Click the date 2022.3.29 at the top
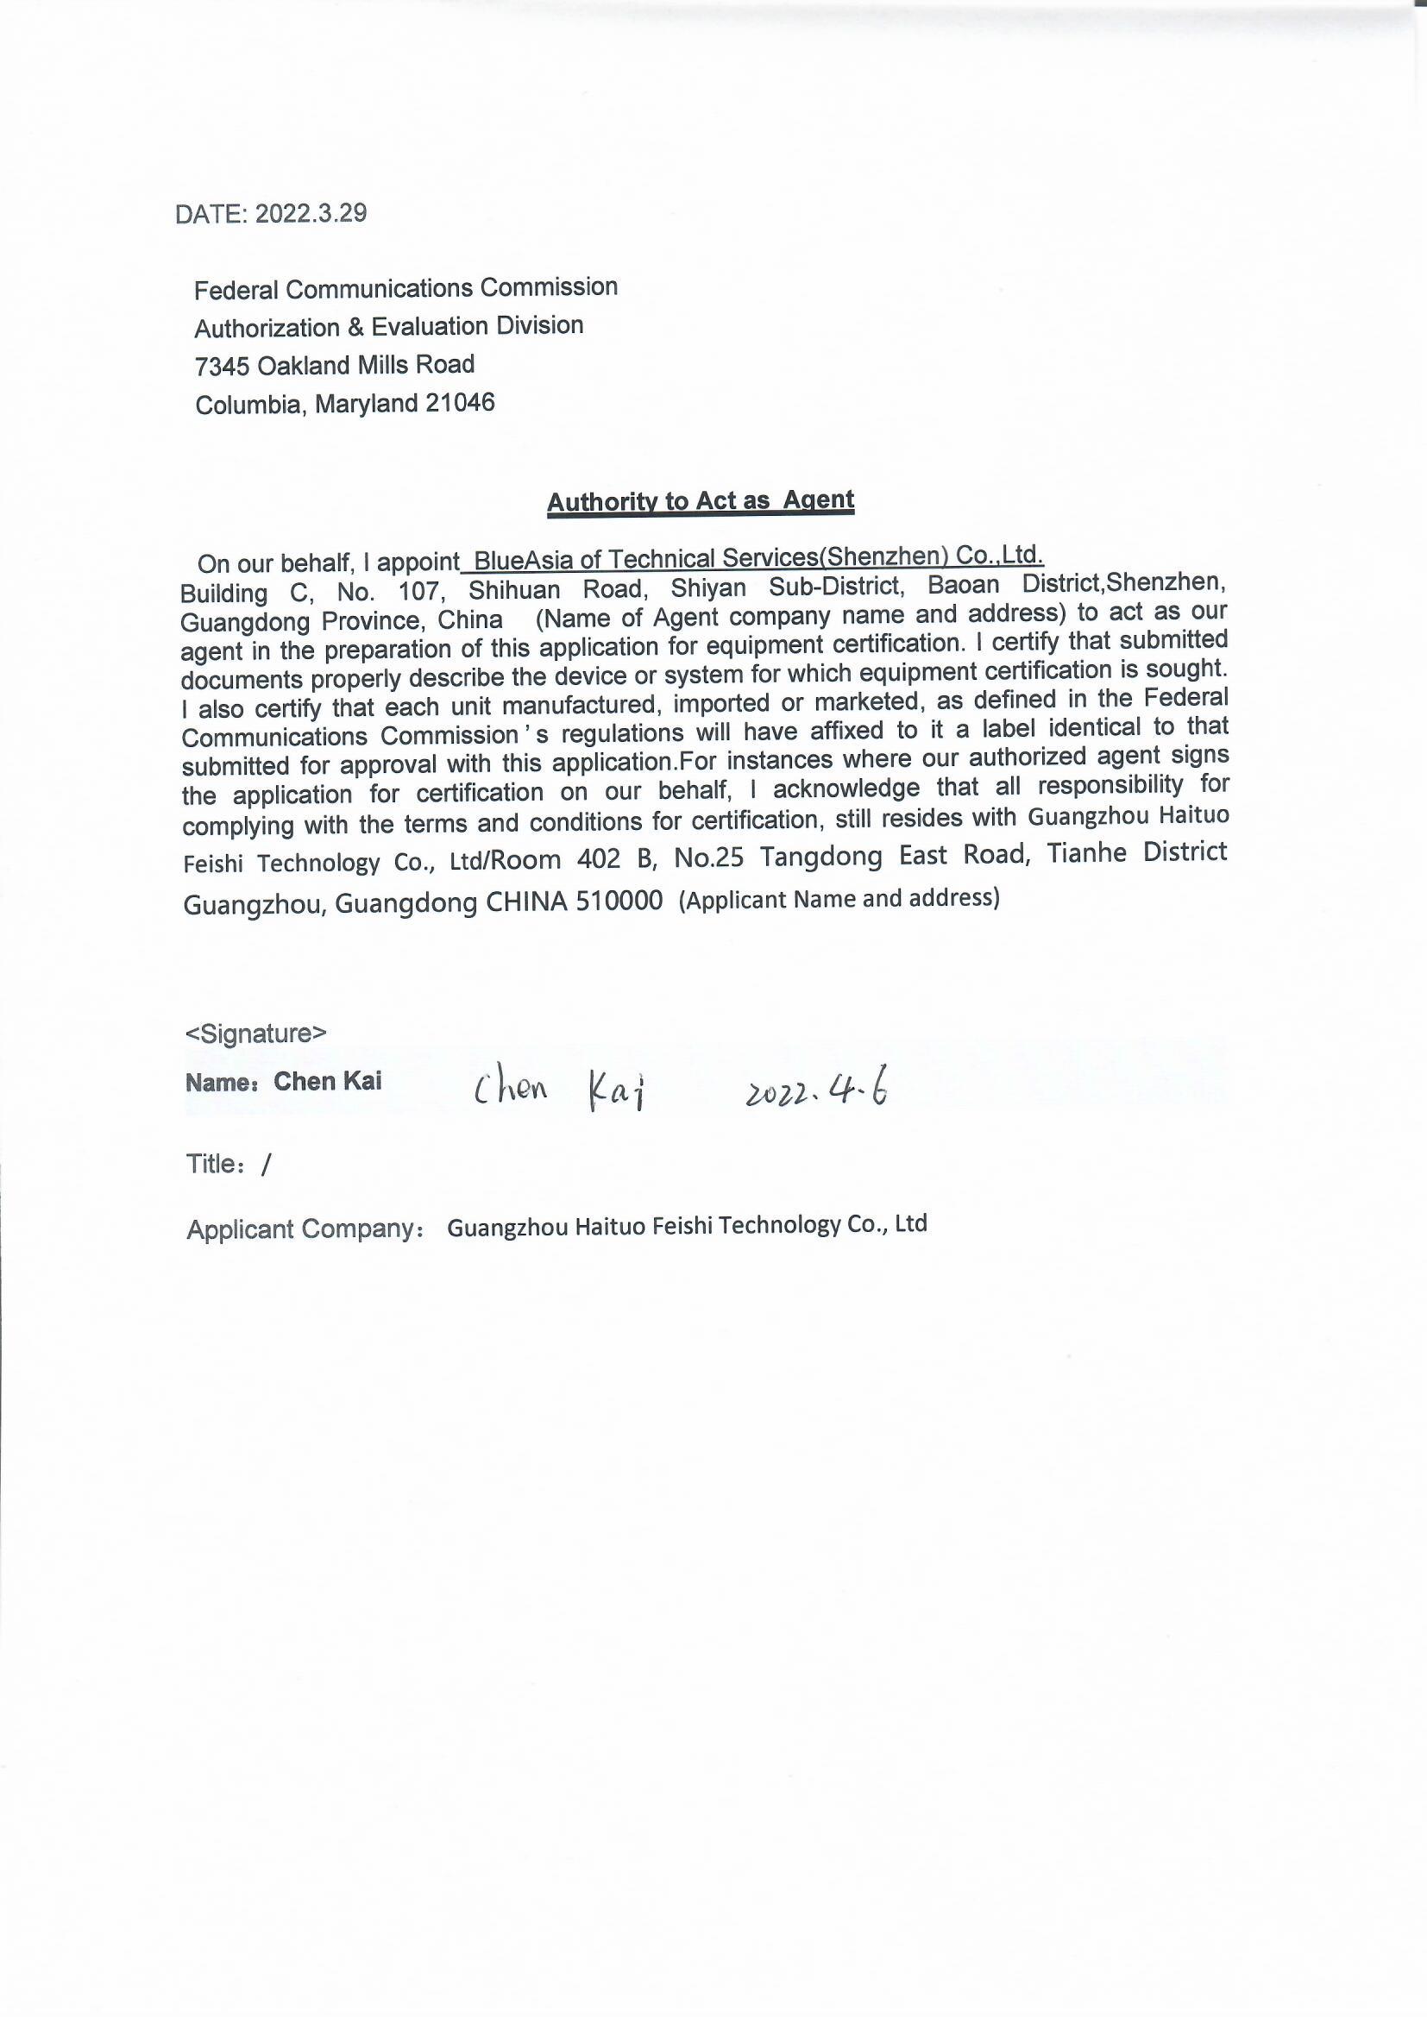[311, 213]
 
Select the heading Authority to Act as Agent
[701, 500]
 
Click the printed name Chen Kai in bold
[328, 1082]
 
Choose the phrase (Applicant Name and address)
[839, 899]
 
